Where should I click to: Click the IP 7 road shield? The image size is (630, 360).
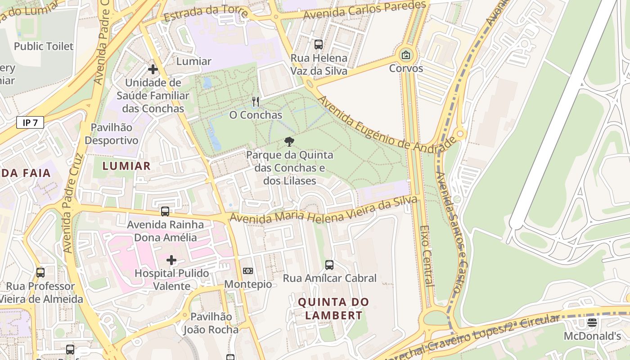tap(30, 122)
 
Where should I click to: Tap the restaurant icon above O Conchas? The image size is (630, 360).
tap(256, 102)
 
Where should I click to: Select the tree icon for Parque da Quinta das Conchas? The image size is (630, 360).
tap(289, 142)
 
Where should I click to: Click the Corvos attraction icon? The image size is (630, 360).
tap(406, 55)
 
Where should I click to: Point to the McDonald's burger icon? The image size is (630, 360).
tap(592, 322)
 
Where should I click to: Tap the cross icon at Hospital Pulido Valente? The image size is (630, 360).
tap(171, 260)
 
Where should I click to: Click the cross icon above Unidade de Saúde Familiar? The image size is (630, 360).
tap(153, 69)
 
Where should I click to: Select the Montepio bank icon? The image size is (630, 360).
tap(248, 271)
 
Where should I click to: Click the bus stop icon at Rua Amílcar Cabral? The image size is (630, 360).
tap(329, 265)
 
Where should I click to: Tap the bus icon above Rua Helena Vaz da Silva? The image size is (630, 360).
tap(319, 45)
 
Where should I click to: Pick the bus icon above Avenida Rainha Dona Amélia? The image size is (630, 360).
tap(165, 211)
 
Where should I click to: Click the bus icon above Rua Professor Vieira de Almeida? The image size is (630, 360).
tap(40, 273)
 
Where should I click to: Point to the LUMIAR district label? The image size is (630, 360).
tap(126, 166)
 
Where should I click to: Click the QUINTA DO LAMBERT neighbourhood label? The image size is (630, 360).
tap(333, 309)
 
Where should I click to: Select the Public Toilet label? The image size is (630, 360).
tap(44, 46)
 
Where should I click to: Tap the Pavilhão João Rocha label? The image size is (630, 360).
tap(211, 323)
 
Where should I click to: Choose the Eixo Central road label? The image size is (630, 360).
tap(426, 256)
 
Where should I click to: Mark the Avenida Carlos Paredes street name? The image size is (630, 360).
tap(364, 10)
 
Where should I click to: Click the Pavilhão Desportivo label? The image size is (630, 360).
tap(112, 134)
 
